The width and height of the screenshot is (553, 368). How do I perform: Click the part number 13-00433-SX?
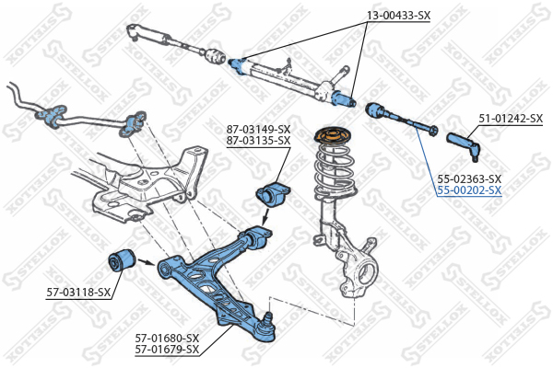[398, 15]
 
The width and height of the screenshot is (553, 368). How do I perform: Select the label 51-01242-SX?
[511, 119]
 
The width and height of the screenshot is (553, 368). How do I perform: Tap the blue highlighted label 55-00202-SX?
[469, 190]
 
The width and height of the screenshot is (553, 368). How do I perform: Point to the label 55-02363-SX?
[469, 178]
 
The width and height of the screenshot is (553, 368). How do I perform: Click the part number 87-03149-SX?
[258, 129]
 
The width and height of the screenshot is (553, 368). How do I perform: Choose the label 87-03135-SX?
[258, 141]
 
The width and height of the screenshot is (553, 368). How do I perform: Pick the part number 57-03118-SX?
[78, 292]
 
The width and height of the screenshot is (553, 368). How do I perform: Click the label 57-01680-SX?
[167, 339]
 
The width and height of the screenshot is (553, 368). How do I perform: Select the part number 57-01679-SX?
[167, 350]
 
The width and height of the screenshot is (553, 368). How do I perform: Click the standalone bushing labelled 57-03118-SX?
[121, 261]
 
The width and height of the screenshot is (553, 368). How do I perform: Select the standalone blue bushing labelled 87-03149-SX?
[272, 195]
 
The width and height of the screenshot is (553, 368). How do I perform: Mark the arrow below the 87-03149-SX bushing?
[266, 217]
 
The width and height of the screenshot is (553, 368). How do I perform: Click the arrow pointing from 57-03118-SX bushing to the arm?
[147, 262]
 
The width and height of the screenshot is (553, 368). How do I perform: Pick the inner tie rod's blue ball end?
[376, 110]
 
